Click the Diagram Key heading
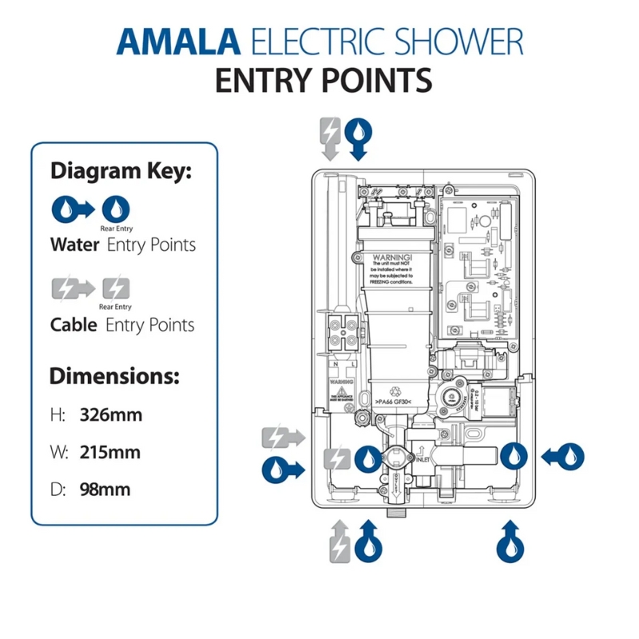pyautogui.click(x=121, y=171)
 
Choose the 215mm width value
pyautogui.click(x=109, y=452)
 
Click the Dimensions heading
pyautogui.click(x=114, y=376)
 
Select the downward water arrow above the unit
pyautogui.click(x=361, y=137)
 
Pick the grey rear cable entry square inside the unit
pyautogui.click(x=336, y=458)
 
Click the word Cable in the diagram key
pyautogui.click(x=73, y=325)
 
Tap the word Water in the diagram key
pyautogui.click(x=74, y=244)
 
